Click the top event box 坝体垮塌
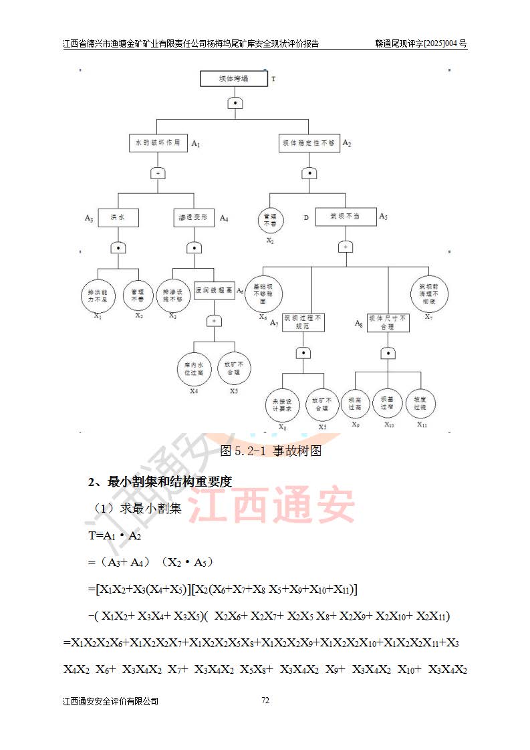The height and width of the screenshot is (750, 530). click(x=233, y=79)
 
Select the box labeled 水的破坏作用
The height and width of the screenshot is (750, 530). click(x=158, y=143)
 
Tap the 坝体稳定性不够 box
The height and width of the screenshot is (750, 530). click(x=309, y=143)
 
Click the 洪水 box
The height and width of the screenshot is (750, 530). click(x=118, y=217)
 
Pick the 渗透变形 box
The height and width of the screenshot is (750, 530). click(x=194, y=217)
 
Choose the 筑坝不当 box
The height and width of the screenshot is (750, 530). click(x=346, y=217)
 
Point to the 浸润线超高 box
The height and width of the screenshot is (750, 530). click(x=214, y=291)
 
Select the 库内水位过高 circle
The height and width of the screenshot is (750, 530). click(x=194, y=368)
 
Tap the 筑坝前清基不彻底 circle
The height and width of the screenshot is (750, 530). click(x=428, y=291)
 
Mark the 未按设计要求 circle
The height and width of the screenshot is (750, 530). click(x=282, y=404)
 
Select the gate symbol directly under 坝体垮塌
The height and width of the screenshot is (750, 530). click(x=234, y=103)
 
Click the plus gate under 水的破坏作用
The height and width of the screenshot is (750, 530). click(x=158, y=173)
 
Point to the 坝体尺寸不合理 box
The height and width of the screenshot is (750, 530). click(x=387, y=323)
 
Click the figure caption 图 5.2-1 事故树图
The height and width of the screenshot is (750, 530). click(x=271, y=451)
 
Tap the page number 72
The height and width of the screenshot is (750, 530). click(x=265, y=701)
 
